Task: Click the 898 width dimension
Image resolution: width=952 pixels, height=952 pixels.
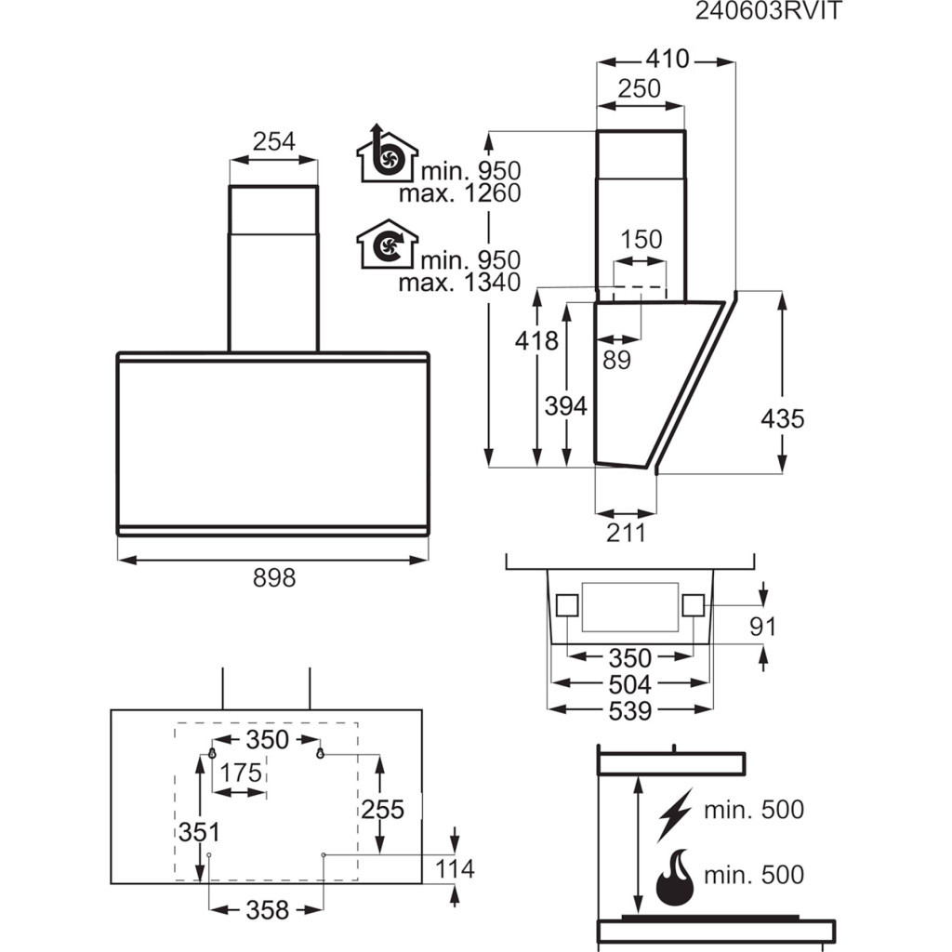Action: coord(273,578)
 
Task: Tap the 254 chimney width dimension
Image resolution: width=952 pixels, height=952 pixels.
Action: coord(273,142)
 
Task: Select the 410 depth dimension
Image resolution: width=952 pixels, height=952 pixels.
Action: coord(667,59)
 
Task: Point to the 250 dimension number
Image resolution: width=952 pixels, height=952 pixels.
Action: coord(640,89)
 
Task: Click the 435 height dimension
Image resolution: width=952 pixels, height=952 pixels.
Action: coord(782,418)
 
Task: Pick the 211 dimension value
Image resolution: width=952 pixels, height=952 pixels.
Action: coord(625,533)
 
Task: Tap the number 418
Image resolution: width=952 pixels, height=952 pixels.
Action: coord(536,341)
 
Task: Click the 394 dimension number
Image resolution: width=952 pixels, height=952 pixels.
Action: coord(565,406)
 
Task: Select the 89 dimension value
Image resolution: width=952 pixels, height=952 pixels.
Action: coord(615,361)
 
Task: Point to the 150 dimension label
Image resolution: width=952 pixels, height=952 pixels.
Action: coord(641,240)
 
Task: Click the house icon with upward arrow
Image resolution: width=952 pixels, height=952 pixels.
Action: coord(386,155)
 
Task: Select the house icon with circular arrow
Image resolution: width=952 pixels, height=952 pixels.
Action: coord(386,245)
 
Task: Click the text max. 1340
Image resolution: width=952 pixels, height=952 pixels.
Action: coord(459,283)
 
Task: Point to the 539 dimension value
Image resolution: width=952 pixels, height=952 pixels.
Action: coord(629,711)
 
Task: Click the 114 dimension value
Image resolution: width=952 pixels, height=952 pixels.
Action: coord(455,869)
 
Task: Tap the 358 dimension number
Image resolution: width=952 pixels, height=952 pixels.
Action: coord(267,910)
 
